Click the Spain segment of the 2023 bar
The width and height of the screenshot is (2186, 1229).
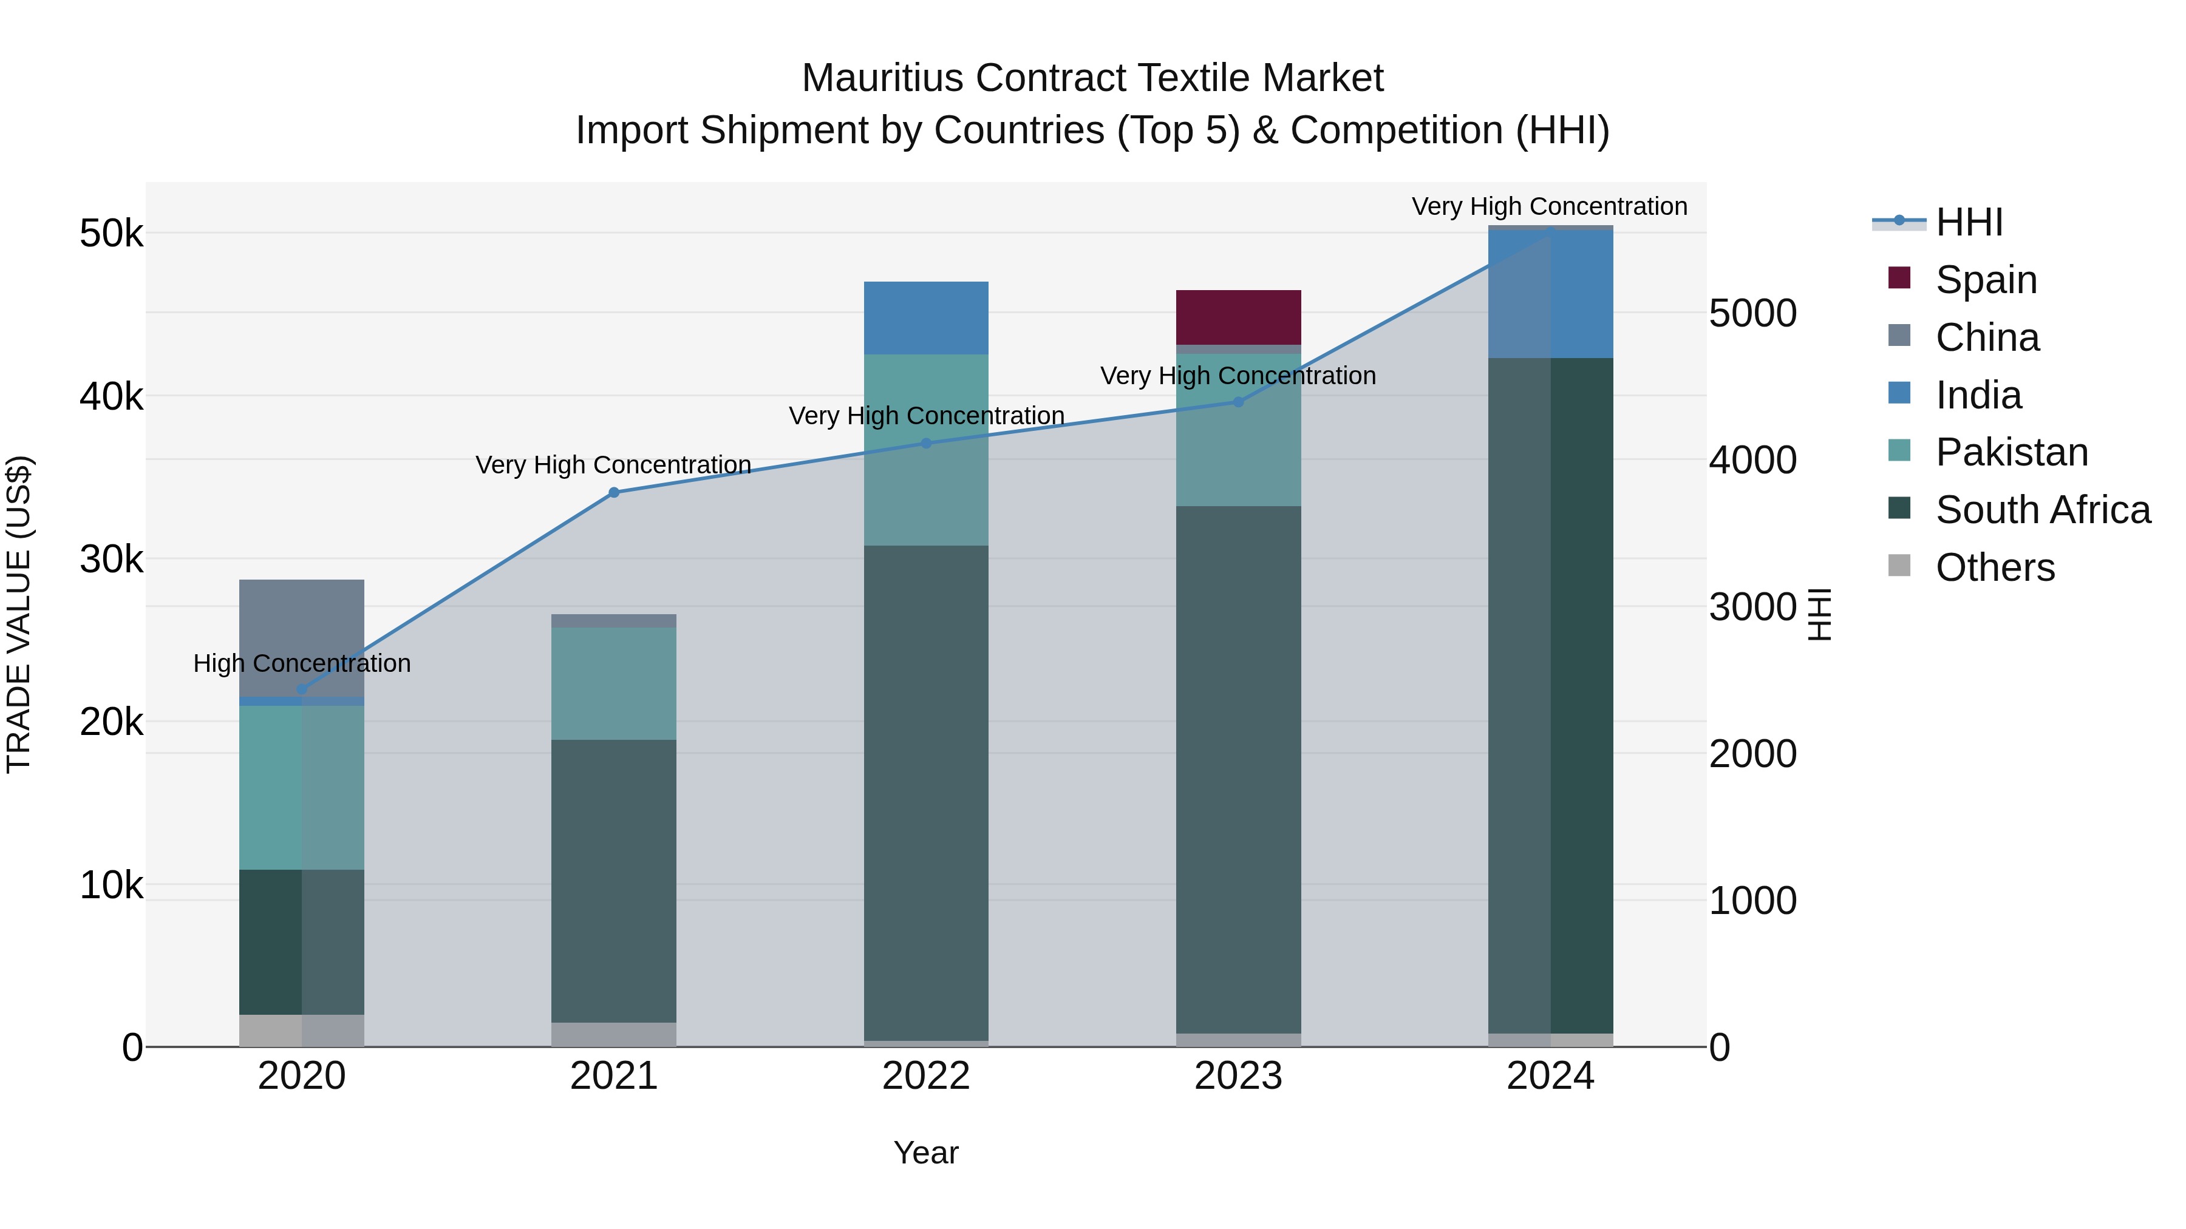[x=1238, y=317]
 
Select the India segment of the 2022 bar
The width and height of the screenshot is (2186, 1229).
[x=926, y=317]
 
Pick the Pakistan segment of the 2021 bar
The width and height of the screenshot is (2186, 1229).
[x=613, y=683]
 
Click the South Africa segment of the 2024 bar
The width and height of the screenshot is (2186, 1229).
[x=1550, y=696]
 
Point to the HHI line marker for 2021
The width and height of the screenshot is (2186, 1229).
[x=613, y=492]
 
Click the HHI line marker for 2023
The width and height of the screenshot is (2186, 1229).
[x=1238, y=402]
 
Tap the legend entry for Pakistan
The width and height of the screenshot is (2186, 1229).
[x=2011, y=452]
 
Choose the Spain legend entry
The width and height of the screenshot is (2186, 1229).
[x=1986, y=279]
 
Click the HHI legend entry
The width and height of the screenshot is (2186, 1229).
[x=1969, y=222]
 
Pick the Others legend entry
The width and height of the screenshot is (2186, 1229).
[x=1994, y=567]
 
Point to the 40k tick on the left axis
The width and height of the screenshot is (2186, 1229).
[x=111, y=396]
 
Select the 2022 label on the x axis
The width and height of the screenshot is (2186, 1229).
[x=926, y=1076]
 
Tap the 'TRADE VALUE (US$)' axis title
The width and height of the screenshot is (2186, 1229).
[x=19, y=614]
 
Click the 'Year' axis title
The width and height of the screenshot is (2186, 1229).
[x=926, y=1153]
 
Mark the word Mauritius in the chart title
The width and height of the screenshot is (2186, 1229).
[x=882, y=78]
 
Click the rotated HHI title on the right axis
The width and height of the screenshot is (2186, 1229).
[x=1819, y=614]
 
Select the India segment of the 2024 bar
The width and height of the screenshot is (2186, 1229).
[x=1550, y=294]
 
